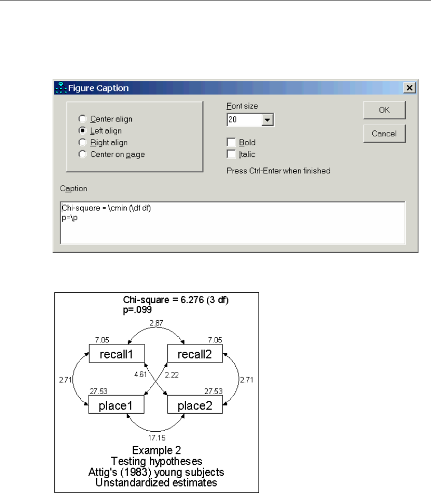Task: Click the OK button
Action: click(384, 110)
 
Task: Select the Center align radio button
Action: click(81, 119)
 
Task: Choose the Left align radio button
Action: click(81, 131)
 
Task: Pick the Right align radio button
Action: click(81, 143)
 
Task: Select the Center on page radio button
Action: click(81, 154)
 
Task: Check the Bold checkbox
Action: click(231, 142)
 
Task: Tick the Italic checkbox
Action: click(231, 154)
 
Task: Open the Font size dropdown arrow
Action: click(267, 120)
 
